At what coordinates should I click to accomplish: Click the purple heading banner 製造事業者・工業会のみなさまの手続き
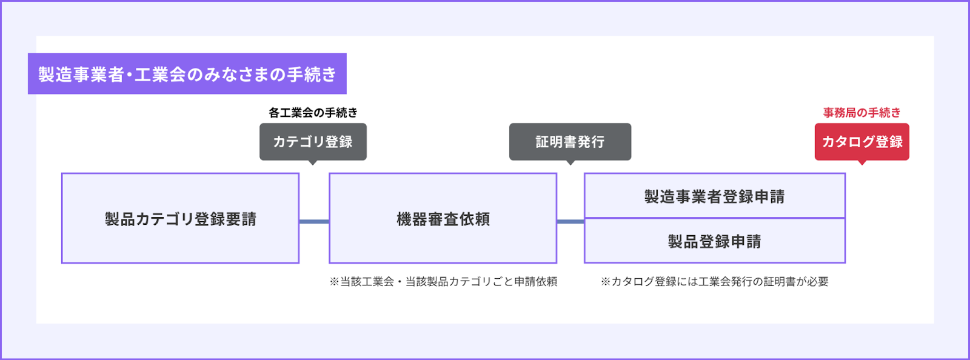187,73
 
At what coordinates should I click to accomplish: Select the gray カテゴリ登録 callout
313,141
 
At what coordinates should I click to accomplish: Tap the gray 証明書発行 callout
570,141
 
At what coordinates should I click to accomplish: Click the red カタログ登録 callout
861,141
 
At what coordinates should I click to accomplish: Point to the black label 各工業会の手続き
313,113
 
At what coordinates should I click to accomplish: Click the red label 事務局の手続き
861,113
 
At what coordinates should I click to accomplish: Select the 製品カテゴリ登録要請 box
180,218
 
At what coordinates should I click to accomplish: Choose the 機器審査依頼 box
443,218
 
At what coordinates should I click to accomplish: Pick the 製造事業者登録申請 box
715,196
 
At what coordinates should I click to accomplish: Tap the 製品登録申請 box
715,241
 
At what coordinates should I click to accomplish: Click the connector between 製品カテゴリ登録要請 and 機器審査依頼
315,222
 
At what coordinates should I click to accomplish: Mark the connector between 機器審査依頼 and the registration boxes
570,222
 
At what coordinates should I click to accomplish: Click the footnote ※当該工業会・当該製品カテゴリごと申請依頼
443,282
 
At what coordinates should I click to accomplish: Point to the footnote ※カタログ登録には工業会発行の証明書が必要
715,282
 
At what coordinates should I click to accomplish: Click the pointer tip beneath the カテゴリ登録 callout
313,165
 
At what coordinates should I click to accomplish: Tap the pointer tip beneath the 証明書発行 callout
570,165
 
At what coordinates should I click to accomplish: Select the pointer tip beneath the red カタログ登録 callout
861,165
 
